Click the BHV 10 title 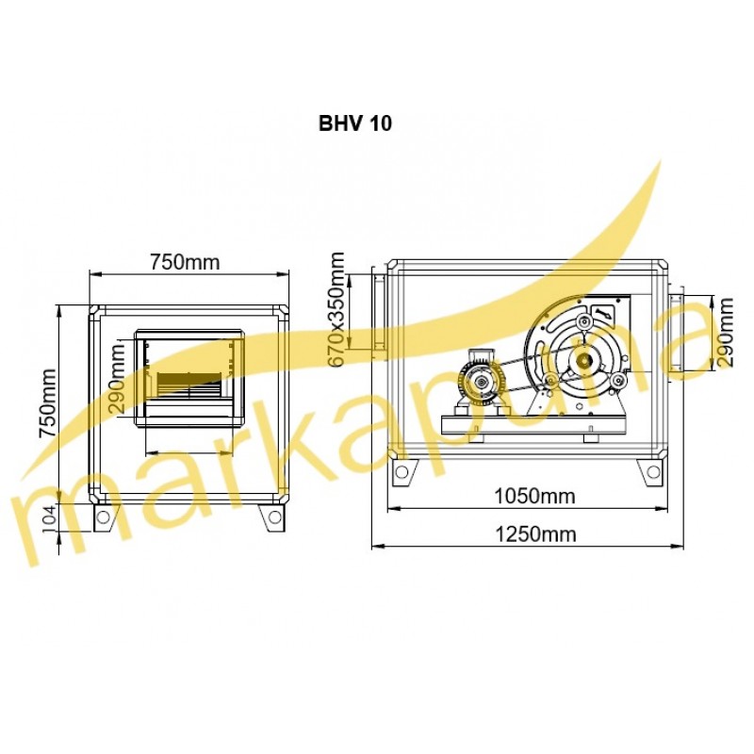point(355,123)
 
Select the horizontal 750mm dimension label point(185,262)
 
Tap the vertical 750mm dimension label point(49,403)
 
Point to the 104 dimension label point(49,518)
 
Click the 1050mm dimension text point(534,496)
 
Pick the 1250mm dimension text point(535,534)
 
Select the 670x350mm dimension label point(337,309)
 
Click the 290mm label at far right point(725,333)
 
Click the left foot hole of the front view point(103,516)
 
